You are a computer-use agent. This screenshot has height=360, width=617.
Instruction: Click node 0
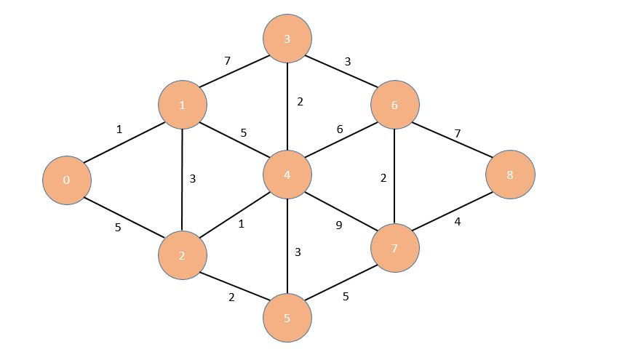[x=66, y=180]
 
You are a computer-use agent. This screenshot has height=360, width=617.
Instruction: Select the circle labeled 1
[x=183, y=105]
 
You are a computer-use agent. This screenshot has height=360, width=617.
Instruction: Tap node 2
[x=183, y=256]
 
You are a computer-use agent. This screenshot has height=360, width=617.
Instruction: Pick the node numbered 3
[x=287, y=38]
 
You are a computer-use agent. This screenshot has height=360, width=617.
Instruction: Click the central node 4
[x=287, y=175]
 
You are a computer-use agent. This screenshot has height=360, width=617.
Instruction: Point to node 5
[x=287, y=319]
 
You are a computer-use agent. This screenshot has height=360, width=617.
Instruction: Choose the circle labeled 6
[x=394, y=105]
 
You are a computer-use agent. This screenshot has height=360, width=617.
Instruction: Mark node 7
[x=394, y=249]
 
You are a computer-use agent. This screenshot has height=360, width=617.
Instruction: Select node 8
[x=511, y=175]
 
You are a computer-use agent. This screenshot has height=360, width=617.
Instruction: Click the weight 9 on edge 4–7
[x=339, y=225]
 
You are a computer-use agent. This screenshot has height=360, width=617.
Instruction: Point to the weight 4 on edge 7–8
[x=458, y=222]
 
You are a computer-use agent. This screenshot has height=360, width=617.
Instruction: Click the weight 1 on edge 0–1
[x=119, y=129]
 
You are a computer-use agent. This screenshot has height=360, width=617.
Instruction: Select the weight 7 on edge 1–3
[x=227, y=62]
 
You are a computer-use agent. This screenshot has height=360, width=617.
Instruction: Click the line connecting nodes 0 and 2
[x=124, y=217]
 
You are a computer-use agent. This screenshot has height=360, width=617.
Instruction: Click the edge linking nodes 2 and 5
[x=234, y=287]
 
